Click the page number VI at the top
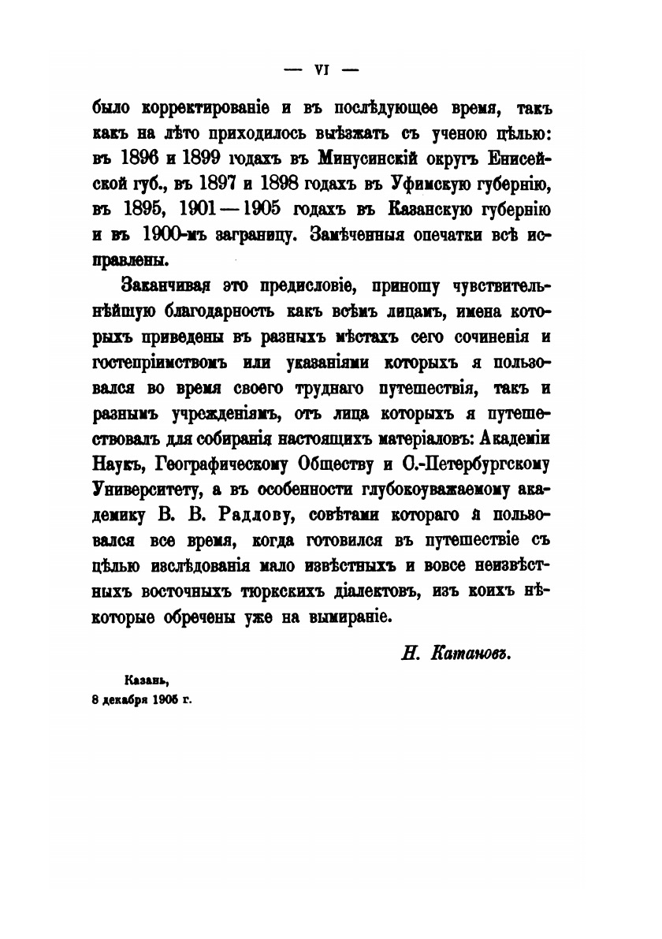click(321, 69)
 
